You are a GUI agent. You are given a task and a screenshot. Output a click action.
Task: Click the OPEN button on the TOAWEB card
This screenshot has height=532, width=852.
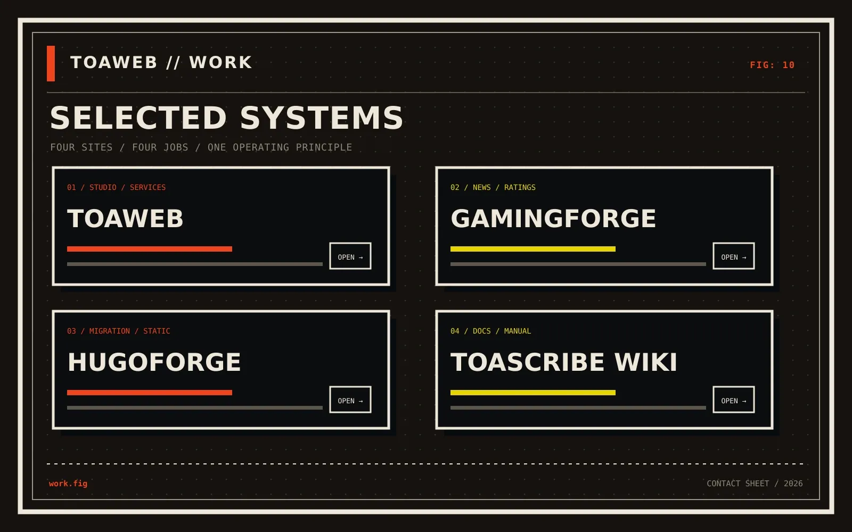(x=350, y=256)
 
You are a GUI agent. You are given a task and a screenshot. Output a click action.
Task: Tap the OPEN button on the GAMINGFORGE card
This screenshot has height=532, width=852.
(x=734, y=256)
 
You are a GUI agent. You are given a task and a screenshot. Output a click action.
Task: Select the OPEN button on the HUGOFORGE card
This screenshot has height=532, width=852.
(x=350, y=400)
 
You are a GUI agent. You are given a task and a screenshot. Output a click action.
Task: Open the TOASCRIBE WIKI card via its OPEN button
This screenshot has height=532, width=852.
(x=734, y=400)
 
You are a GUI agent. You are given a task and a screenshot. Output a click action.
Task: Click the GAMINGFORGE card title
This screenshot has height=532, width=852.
(x=553, y=219)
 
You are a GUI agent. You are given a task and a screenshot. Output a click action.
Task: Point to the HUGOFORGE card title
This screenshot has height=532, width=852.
(x=154, y=362)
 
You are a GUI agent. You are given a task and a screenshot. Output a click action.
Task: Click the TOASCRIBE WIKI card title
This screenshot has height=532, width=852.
(x=564, y=362)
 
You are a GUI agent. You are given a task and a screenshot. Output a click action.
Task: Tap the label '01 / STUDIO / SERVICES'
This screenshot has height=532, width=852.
(x=117, y=187)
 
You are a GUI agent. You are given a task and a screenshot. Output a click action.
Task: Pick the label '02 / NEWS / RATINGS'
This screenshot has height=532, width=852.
(x=493, y=187)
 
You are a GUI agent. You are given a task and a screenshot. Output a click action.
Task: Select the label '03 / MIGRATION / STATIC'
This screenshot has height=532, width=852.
(x=119, y=331)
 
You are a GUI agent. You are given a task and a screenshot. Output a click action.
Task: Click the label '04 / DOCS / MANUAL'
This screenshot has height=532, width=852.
(x=490, y=331)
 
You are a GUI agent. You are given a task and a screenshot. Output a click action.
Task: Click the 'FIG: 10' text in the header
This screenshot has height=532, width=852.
(x=772, y=65)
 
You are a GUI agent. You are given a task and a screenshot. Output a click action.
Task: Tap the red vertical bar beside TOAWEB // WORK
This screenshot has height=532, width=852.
(x=51, y=63)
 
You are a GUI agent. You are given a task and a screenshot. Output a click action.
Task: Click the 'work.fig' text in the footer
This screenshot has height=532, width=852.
(x=68, y=484)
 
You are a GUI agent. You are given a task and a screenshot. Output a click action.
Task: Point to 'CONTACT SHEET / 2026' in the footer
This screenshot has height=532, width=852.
(x=755, y=484)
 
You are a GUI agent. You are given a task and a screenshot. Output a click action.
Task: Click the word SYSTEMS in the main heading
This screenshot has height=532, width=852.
(x=322, y=118)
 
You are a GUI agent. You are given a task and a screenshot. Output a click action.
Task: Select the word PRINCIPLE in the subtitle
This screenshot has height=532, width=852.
(x=324, y=147)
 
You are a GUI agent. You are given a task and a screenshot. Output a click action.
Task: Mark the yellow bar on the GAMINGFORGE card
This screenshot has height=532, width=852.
(x=533, y=249)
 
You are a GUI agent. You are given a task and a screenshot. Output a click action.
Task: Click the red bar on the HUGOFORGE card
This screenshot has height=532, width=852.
(x=150, y=393)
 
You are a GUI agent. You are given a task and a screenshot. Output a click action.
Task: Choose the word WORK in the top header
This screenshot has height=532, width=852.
(x=220, y=63)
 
